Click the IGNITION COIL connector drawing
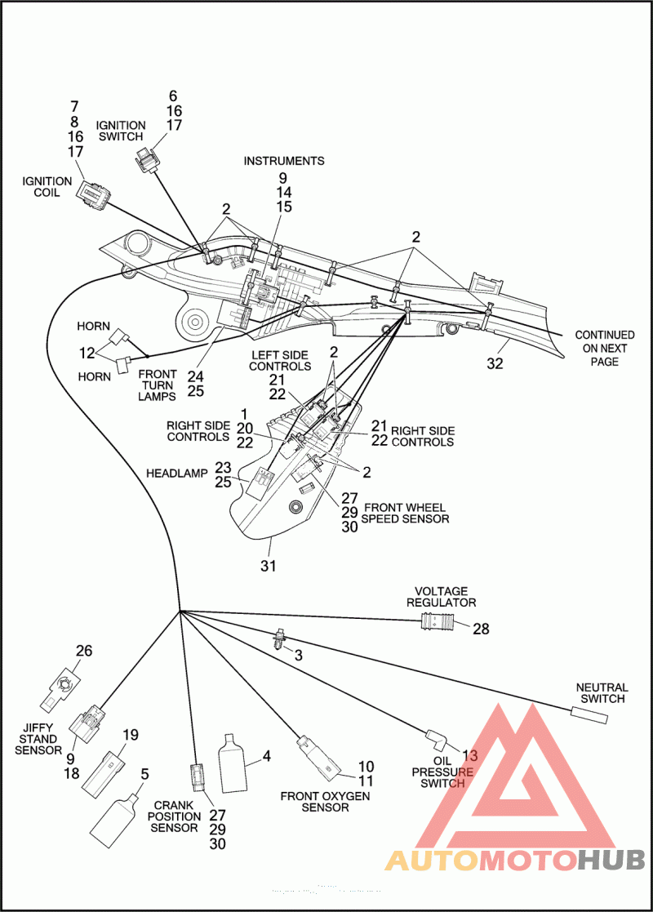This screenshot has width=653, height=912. [x=92, y=194]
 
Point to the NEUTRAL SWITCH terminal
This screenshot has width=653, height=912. [x=589, y=715]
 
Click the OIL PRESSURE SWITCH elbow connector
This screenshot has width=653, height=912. [x=438, y=739]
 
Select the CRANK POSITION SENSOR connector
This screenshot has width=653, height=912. [x=198, y=777]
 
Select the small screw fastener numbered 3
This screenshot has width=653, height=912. [x=279, y=639]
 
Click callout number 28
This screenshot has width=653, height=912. [x=481, y=629]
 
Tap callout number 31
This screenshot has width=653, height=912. [x=268, y=565]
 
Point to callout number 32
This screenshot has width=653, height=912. [x=495, y=364]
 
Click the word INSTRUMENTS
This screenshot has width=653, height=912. [x=284, y=161]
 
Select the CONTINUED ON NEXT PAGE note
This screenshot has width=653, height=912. [x=605, y=348]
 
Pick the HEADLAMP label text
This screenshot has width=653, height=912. [x=177, y=474]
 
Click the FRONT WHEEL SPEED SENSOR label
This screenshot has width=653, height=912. [x=406, y=513]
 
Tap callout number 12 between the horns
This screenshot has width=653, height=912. [x=87, y=353]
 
